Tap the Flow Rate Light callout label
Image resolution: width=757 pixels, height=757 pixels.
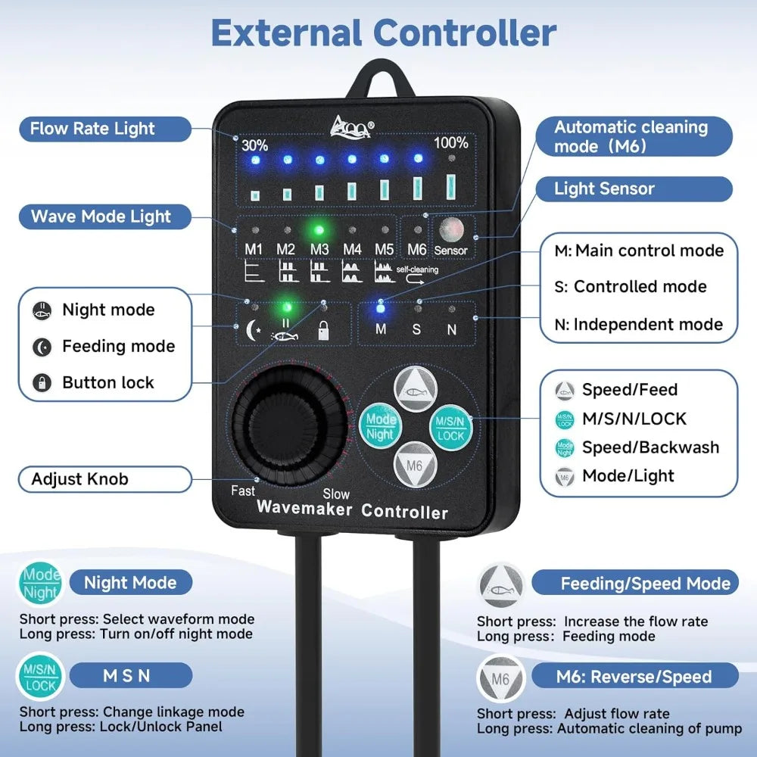coord(92,129)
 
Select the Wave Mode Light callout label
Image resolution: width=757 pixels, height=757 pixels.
coord(101,217)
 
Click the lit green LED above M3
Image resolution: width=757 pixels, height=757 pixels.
coord(319,230)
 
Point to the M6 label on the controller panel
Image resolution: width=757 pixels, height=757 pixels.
coord(416,249)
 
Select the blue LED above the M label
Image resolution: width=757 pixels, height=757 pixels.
coord(380,307)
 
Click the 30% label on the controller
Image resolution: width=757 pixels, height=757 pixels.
coord(254,145)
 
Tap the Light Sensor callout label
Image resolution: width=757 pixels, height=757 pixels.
coord(604,188)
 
